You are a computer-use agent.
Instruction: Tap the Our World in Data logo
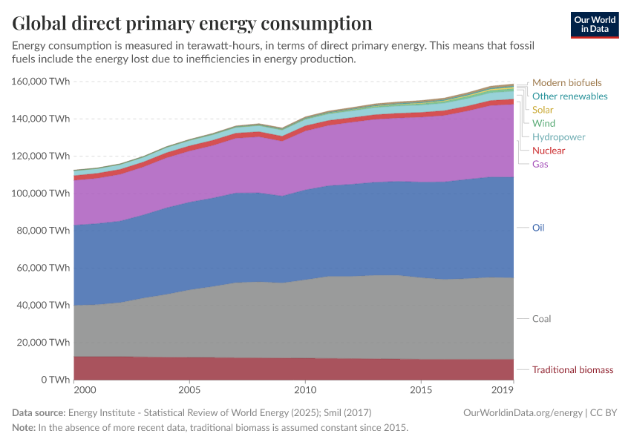click(x=594, y=24)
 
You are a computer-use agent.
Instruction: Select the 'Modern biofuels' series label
click(x=567, y=83)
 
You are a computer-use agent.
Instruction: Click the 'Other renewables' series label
click(x=569, y=96)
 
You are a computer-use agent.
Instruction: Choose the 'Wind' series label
click(x=544, y=123)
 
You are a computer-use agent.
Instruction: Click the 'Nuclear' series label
click(x=549, y=151)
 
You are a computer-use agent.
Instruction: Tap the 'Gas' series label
click(x=540, y=164)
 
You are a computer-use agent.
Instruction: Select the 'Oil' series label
click(x=538, y=228)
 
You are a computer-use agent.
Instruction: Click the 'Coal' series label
click(x=541, y=319)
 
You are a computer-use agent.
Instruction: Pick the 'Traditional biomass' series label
click(x=572, y=369)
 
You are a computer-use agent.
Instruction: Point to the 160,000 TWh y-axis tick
click(x=41, y=81)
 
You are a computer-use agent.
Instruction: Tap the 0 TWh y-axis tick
click(x=55, y=380)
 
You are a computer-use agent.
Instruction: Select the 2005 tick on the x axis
click(x=189, y=389)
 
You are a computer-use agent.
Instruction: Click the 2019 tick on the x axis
click(x=503, y=389)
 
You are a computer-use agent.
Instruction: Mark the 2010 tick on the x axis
click(x=305, y=389)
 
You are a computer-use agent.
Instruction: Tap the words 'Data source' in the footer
click(x=39, y=412)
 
